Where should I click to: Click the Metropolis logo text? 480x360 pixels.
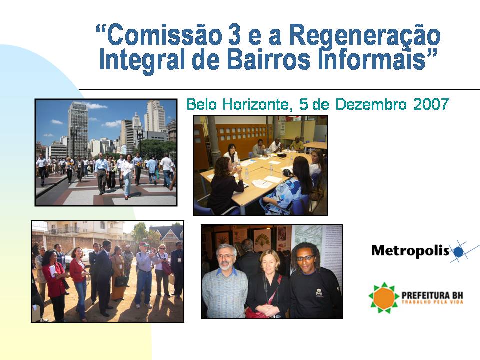(x=410, y=250)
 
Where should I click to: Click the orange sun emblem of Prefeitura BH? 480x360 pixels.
(x=384, y=297)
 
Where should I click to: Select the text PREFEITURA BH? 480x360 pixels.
(x=432, y=295)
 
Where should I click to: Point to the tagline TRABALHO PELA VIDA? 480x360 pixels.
(x=432, y=303)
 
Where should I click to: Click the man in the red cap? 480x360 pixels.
(x=145, y=270)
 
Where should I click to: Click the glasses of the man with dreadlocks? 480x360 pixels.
(x=306, y=258)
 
